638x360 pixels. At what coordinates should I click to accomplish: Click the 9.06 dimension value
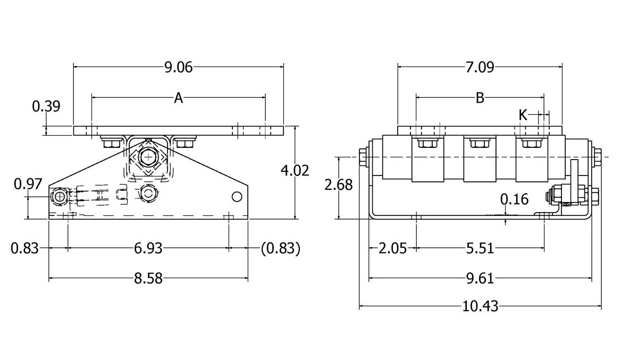(x=178, y=67)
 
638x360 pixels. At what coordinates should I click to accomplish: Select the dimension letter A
(x=179, y=98)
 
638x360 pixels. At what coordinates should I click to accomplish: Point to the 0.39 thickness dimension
(x=46, y=106)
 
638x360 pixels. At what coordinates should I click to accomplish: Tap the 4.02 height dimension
(x=295, y=170)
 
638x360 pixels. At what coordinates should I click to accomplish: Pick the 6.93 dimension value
(x=148, y=248)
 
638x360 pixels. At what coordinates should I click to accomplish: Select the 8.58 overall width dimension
(x=148, y=278)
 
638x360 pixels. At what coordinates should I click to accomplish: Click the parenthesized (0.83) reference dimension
(x=281, y=248)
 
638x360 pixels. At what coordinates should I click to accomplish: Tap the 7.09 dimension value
(x=480, y=67)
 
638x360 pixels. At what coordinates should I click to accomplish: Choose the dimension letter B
(x=480, y=98)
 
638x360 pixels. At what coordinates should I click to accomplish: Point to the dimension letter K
(x=523, y=114)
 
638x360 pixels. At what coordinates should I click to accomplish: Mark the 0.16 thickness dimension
(x=515, y=199)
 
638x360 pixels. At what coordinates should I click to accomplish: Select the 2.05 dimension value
(x=393, y=248)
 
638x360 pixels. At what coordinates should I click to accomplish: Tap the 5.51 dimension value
(x=481, y=248)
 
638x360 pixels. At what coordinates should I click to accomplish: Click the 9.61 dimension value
(x=481, y=278)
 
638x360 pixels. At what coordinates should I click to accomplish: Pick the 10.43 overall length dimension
(x=481, y=306)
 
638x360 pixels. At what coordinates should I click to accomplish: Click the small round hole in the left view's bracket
(x=237, y=197)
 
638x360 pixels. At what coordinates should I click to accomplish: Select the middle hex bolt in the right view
(x=479, y=143)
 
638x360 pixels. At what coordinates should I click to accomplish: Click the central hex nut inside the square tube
(x=147, y=157)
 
